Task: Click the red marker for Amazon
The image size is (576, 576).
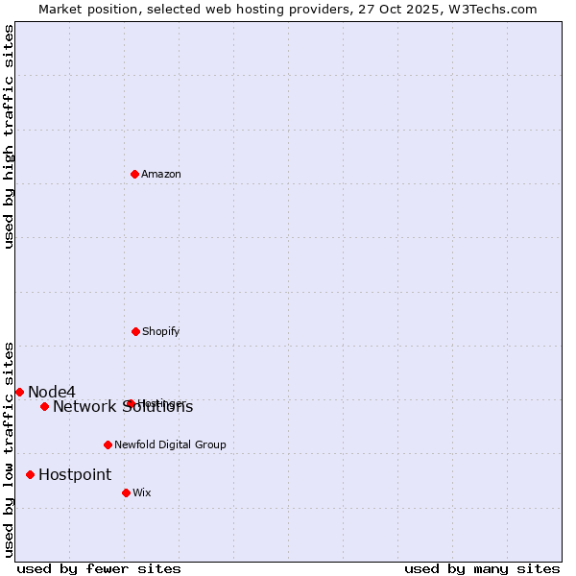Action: click(x=135, y=174)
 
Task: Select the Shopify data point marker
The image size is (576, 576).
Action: click(x=136, y=331)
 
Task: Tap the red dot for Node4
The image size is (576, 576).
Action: click(x=19, y=392)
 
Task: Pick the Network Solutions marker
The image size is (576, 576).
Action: click(x=44, y=406)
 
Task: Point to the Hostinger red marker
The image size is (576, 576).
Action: click(x=131, y=403)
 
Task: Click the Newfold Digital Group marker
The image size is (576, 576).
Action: click(x=108, y=444)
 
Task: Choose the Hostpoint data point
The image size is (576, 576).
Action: click(x=31, y=474)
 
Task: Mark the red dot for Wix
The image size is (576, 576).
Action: click(x=126, y=492)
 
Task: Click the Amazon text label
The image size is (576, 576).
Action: click(x=161, y=174)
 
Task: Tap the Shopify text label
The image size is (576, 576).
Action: click(x=161, y=331)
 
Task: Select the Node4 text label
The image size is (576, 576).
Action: click(x=52, y=392)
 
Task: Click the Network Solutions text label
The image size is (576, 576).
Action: click(x=123, y=407)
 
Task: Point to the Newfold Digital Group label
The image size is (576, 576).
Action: click(x=170, y=444)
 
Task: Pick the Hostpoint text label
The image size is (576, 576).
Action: click(x=75, y=474)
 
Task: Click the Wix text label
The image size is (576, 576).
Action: click(x=142, y=492)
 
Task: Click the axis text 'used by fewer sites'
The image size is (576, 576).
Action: click(x=99, y=568)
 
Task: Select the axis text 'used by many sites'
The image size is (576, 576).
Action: click(x=482, y=568)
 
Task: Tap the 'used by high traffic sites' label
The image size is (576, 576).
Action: click(x=9, y=136)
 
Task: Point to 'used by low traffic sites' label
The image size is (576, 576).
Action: click(x=9, y=449)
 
